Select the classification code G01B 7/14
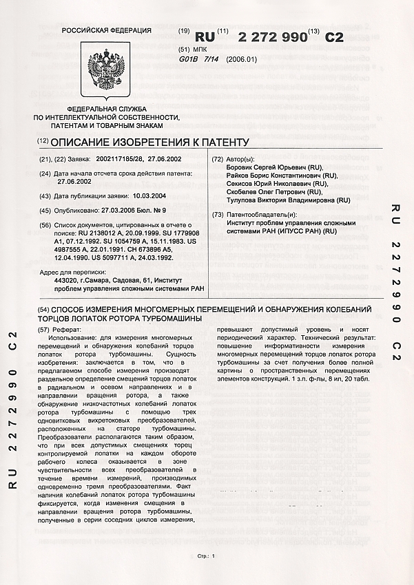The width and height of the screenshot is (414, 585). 198,60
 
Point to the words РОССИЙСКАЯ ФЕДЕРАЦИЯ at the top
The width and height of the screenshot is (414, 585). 106,31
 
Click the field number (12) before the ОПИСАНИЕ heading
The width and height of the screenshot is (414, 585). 43,142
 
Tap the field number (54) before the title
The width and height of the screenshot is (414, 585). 43,310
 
